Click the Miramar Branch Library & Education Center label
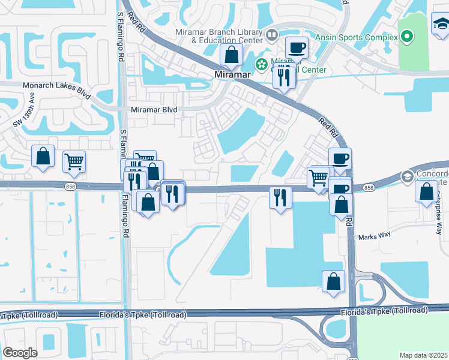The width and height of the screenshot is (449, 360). coord(218,36)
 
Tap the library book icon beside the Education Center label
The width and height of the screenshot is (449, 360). coord(272,35)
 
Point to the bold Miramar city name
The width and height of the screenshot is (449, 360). coord(232,74)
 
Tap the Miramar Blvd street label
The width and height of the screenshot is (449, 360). coord(154,110)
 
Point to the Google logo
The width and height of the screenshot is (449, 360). coord(20,353)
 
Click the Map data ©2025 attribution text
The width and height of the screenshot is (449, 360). coord(423,355)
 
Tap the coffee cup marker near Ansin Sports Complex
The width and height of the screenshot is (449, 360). coord(296,47)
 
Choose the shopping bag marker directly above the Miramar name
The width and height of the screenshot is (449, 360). coord(231,55)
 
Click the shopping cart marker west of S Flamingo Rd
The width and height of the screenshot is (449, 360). coord(74,161)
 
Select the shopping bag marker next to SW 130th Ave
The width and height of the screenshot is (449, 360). coord(43,157)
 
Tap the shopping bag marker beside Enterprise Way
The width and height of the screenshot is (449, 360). coord(426,191)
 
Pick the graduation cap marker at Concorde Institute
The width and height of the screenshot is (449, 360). coord(408,176)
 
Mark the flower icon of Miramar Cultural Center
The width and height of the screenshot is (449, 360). coord(262,64)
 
